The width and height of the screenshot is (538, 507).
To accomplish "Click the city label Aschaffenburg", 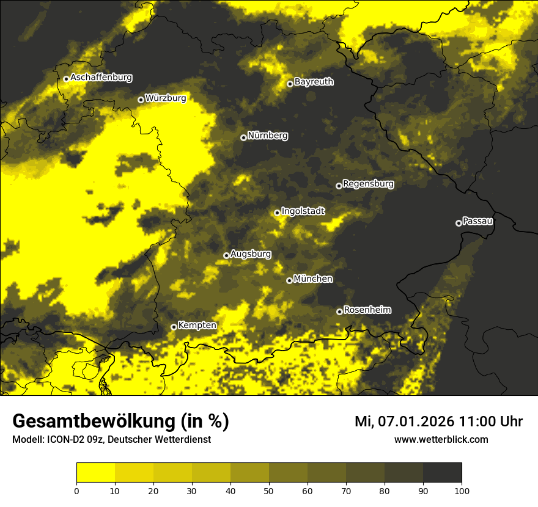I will tap(101, 78).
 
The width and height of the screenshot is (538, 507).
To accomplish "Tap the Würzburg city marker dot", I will tap(141, 100).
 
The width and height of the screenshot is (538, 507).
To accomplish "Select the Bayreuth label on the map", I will tap(314, 81).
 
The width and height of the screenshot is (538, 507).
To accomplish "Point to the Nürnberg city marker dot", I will tap(243, 137).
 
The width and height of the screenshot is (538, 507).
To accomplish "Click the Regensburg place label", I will tap(368, 183).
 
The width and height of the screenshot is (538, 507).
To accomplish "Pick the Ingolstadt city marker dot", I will tap(277, 213).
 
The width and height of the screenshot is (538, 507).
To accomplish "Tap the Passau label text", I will tap(477, 221).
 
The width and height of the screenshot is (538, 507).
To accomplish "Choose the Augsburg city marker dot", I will tap(226, 255).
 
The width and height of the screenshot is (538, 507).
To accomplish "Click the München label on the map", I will tap(313, 279).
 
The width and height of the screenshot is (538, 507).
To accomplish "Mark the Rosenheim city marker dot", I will tap(339, 312).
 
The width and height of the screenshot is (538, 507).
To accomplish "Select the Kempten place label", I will tap(197, 325).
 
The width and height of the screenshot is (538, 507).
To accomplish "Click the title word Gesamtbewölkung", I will tap(93, 421).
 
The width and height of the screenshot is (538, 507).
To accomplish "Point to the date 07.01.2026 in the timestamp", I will tap(416, 421).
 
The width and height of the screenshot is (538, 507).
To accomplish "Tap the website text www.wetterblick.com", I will tap(441, 439).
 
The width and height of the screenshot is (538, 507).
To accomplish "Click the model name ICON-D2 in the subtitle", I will tap(65, 439).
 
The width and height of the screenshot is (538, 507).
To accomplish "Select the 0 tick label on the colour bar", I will tap(76, 491).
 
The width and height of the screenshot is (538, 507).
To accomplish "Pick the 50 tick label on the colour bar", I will tap(269, 491).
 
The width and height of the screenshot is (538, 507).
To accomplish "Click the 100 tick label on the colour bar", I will tap(462, 491).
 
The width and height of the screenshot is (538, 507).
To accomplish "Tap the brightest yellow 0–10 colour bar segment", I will tap(95, 473).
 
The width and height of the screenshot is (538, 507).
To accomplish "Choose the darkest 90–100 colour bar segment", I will tap(442, 473).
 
